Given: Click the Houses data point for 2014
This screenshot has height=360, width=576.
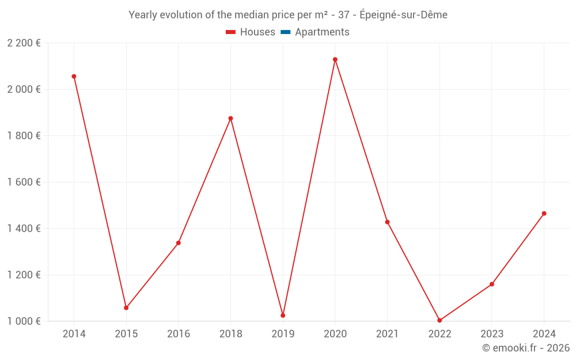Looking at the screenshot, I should [x=74, y=76].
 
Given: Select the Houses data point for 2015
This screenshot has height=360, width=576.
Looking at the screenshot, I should [x=126, y=308].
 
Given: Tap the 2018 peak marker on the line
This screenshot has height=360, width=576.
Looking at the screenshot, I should [x=230, y=118].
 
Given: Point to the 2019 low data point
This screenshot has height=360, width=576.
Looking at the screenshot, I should [x=283, y=315].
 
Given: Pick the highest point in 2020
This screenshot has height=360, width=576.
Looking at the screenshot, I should [x=335, y=59].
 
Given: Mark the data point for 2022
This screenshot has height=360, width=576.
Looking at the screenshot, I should [x=439, y=320].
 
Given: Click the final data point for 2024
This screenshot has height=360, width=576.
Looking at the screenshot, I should [x=544, y=213].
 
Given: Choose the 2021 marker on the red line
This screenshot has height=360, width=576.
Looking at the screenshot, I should [x=387, y=222].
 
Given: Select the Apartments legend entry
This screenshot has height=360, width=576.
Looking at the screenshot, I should [x=322, y=32].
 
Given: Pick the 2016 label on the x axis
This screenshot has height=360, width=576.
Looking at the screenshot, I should [x=178, y=334].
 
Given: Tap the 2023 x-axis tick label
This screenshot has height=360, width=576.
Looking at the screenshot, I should [x=491, y=334].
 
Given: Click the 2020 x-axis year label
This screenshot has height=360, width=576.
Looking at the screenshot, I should [x=335, y=334].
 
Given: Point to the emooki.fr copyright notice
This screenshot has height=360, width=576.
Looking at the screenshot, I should [x=526, y=348].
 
